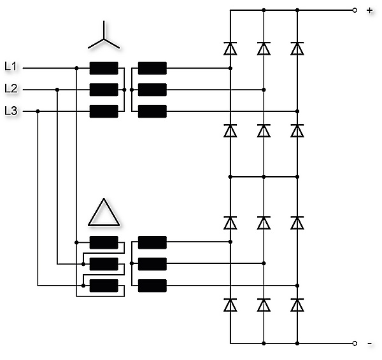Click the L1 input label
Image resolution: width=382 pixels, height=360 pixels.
[x=11, y=66]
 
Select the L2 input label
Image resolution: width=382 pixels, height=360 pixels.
[x=11, y=88]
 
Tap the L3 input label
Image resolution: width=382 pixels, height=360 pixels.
[x=11, y=111]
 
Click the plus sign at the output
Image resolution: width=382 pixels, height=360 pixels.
[x=369, y=10]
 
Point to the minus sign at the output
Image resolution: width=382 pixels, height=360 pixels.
[x=369, y=343]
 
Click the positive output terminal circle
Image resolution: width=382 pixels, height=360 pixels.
[x=355, y=10]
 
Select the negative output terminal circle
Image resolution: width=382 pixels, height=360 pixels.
[x=355, y=343]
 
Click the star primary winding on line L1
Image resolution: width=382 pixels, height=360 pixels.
[x=104, y=68]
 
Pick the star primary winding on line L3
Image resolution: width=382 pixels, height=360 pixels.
[x=104, y=111]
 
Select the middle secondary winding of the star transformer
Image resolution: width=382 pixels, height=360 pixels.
[x=152, y=90]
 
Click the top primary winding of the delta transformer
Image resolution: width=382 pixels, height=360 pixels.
[x=104, y=242]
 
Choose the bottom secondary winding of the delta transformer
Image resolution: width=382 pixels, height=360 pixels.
[x=152, y=286]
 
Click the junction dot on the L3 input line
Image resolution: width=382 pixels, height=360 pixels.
[x=38, y=111]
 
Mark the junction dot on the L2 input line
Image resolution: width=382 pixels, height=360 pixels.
[x=57, y=90]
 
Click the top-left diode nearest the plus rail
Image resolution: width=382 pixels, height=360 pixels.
[x=230, y=48]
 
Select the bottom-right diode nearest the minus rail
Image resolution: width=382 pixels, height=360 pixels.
[x=297, y=305]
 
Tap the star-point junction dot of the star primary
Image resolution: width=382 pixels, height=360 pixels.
[x=125, y=90]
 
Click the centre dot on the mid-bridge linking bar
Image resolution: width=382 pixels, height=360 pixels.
[x=264, y=177]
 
